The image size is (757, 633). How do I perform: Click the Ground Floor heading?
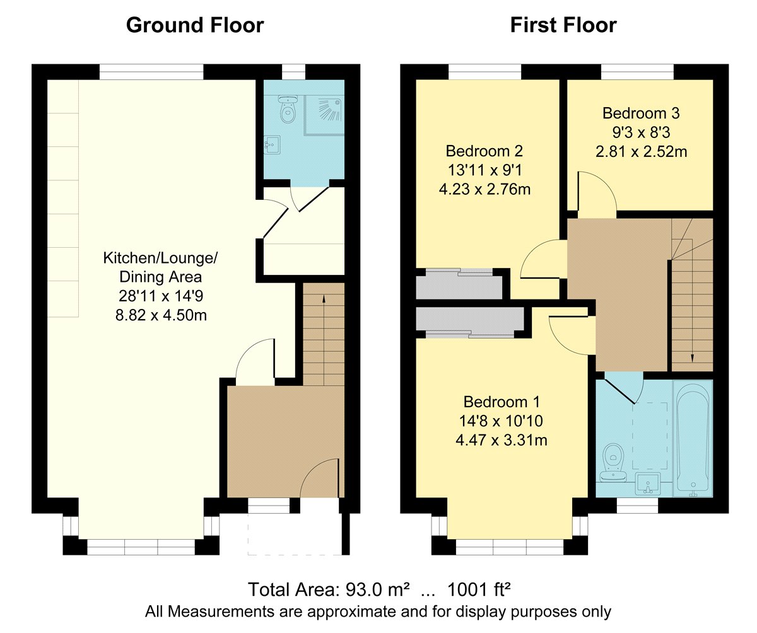click(x=195, y=25)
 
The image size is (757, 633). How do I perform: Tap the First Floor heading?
click(x=563, y=25)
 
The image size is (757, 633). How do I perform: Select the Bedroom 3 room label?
click(x=641, y=113)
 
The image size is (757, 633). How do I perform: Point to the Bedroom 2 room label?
click(x=484, y=151)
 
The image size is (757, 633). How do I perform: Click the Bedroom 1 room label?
click(x=502, y=402)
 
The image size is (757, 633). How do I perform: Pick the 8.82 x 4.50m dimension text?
click(x=161, y=315)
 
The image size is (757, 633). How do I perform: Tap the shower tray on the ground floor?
click(x=324, y=115)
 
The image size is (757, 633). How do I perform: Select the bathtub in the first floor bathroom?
click(x=693, y=438)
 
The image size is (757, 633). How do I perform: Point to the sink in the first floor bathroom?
click(x=647, y=484)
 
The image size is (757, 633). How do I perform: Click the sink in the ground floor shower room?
click(x=273, y=145)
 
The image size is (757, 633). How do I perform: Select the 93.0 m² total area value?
click(x=377, y=589)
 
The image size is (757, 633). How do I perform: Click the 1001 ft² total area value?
click(x=479, y=589)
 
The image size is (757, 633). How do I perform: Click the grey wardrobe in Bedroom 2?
click(x=459, y=284)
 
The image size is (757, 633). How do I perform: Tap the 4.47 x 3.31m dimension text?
click(x=502, y=440)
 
